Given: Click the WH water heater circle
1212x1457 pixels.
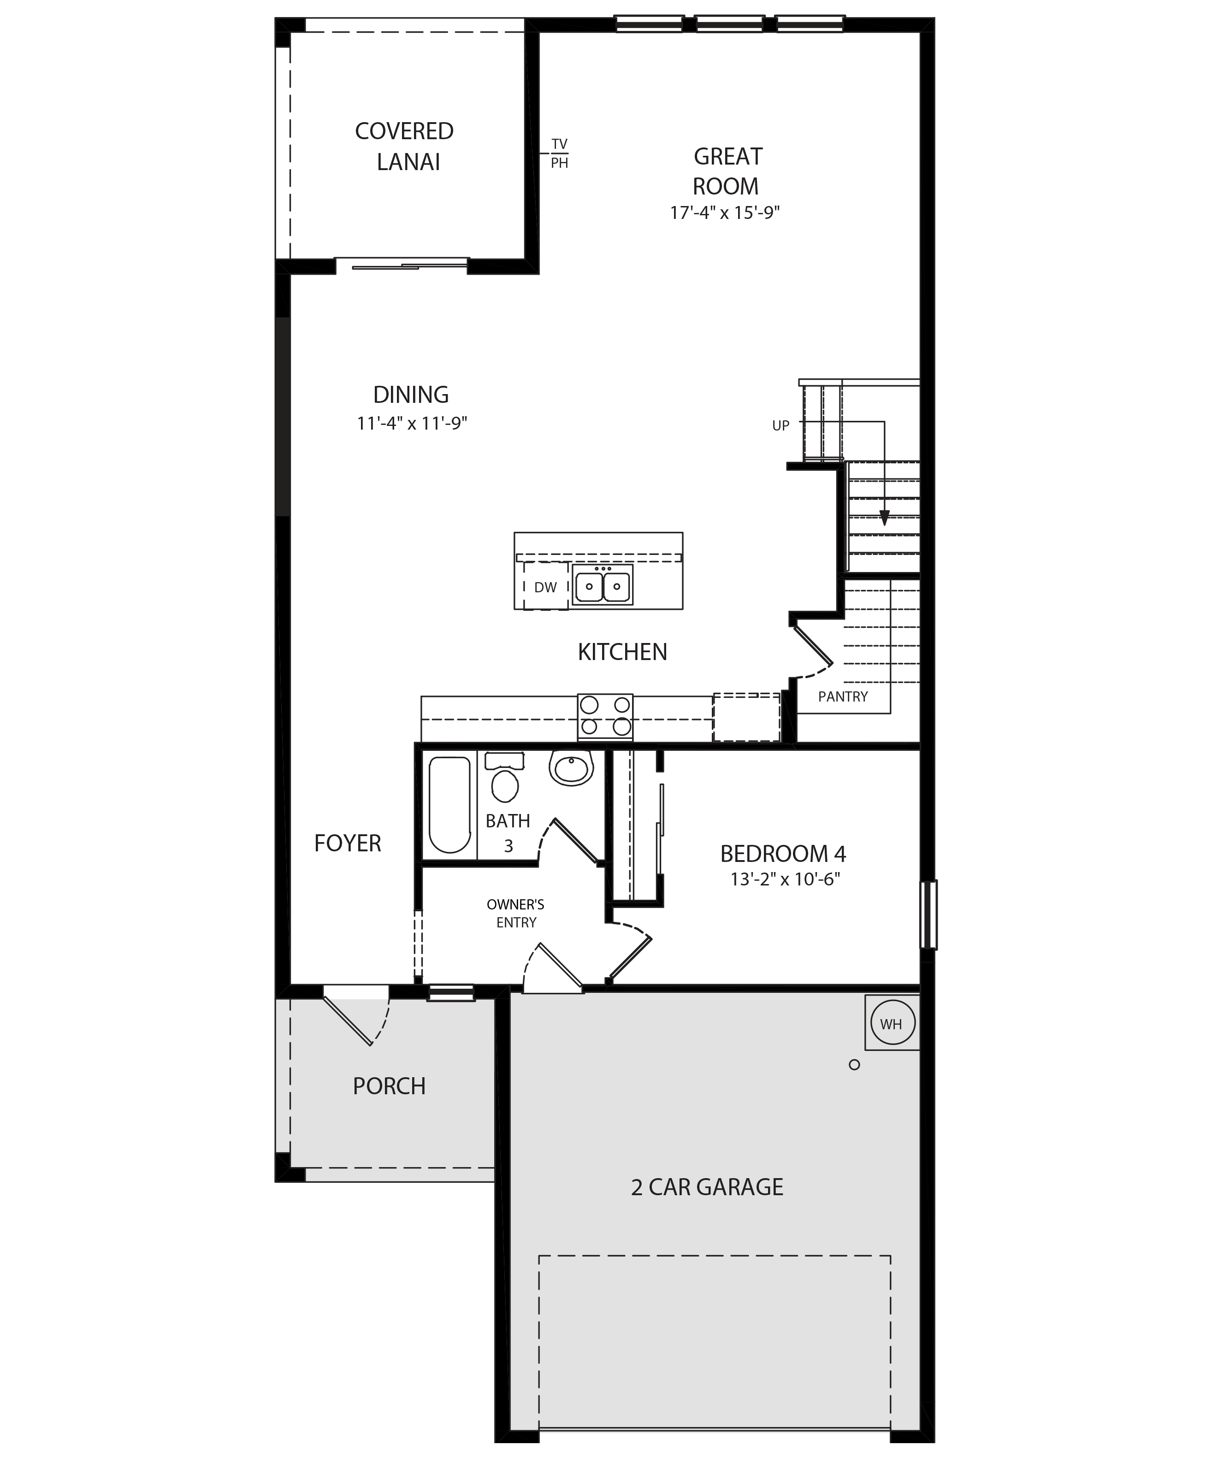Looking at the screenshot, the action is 892,1023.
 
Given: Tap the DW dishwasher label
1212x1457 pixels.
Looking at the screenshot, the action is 545,587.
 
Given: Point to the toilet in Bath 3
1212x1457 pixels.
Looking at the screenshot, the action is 504,777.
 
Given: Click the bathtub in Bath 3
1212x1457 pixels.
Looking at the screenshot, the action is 449,805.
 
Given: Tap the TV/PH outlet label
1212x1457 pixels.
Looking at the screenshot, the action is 559,153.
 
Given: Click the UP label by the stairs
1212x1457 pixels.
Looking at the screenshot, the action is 780,426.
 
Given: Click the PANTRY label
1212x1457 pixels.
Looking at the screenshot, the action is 843,696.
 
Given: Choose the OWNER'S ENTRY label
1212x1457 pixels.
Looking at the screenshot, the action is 515,913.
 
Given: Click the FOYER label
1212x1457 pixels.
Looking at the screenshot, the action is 348,843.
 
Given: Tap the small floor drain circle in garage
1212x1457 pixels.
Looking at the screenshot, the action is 854,1064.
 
